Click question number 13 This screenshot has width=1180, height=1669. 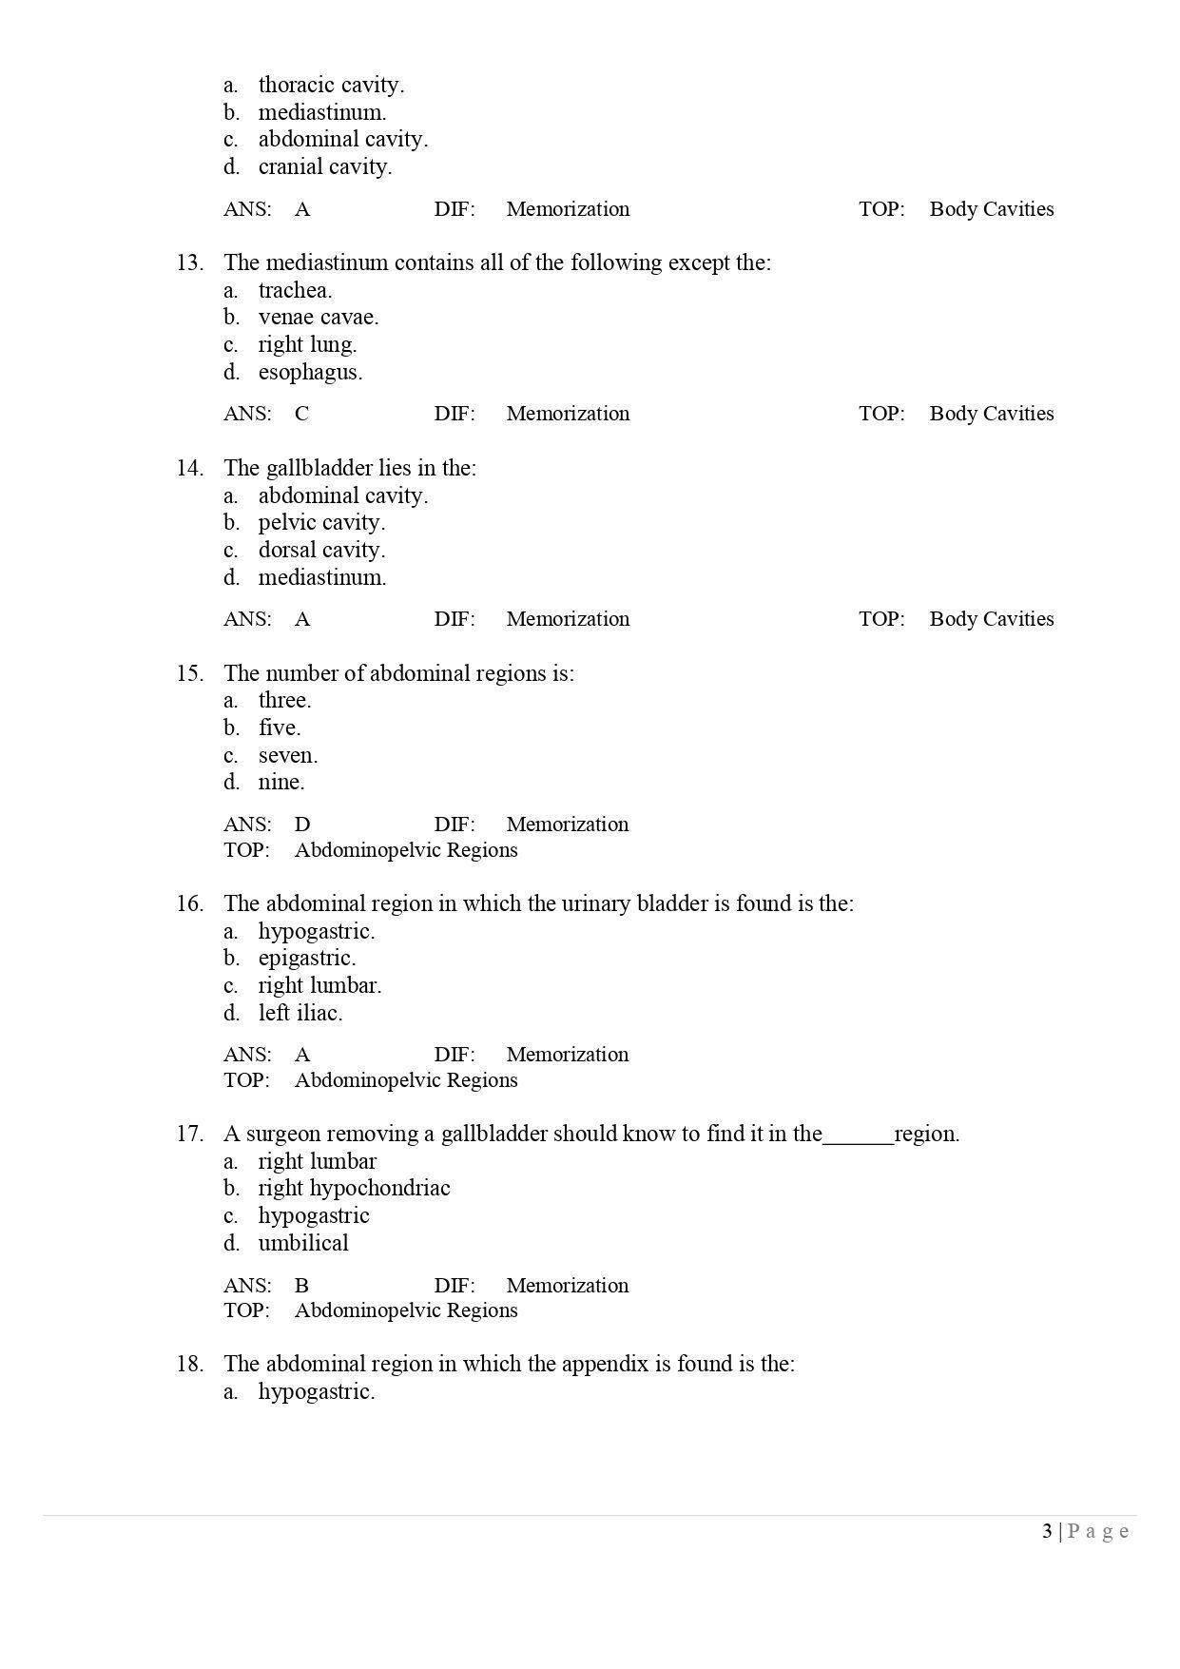[x=189, y=262]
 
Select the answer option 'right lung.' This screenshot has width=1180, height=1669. [x=307, y=344]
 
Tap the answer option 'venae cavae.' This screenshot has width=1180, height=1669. [x=318, y=317]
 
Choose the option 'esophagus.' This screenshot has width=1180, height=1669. [x=310, y=372]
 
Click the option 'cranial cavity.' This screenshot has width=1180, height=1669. [x=324, y=166]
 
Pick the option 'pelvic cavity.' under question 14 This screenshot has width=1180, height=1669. [x=321, y=522]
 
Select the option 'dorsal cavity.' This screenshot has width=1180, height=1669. [x=321, y=550]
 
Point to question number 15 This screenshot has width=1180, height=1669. [x=189, y=673]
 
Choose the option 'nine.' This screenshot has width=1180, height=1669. [x=281, y=782]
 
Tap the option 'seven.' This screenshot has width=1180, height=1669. [x=288, y=755]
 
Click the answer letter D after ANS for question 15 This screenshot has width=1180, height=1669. [x=302, y=824]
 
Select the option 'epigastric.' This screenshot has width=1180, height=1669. [x=306, y=958]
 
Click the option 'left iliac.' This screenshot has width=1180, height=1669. [x=300, y=1013]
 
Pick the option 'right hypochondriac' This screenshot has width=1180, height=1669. [x=354, y=1188]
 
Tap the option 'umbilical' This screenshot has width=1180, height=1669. [x=303, y=1243]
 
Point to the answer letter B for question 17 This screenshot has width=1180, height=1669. [x=301, y=1285]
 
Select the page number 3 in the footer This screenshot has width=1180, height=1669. [x=1047, y=1531]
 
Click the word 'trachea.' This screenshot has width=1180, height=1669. [x=295, y=290]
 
